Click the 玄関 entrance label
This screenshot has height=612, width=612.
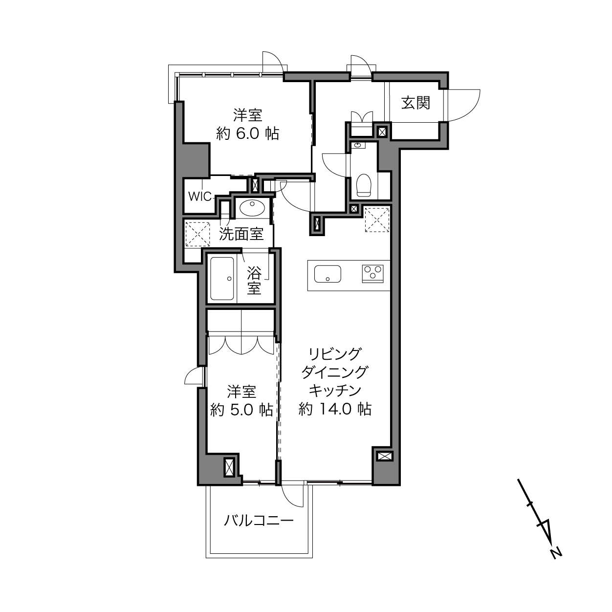coord(415,103)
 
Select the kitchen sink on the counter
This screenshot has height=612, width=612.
coord(328,274)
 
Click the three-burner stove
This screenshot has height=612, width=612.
coord(372,273)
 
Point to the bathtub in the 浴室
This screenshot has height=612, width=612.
coord(222,279)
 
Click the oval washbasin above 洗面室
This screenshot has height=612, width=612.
coord(252,208)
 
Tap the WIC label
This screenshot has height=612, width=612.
coord(200,197)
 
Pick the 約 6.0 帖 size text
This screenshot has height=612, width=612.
coord(248,134)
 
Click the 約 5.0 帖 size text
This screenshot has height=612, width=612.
coord(241,410)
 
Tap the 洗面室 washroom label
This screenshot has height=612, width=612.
coord(241,234)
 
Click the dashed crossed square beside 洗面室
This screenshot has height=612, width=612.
coord(197,234)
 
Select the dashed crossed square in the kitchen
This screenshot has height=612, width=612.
coord(377,220)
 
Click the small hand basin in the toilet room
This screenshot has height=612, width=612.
coord(359,146)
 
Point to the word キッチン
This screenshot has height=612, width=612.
coord(335,390)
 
